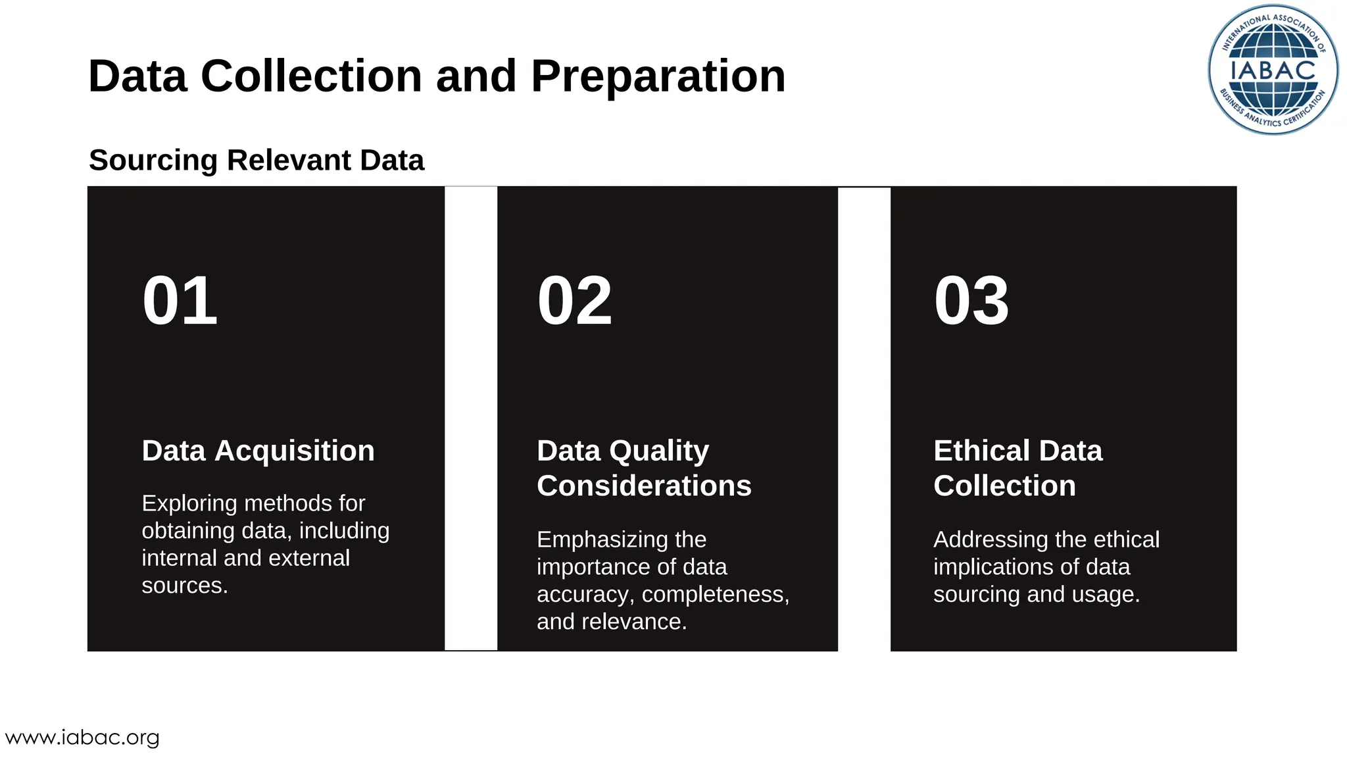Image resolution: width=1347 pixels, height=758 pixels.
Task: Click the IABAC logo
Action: tap(1273, 70)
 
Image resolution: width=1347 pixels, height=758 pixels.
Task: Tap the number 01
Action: tap(180, 301)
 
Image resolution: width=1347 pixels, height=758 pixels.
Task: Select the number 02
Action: tap(574, 301)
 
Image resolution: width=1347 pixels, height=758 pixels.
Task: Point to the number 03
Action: tap(971, 301)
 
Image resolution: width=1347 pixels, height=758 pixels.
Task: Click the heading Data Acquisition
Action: tap(258, 451)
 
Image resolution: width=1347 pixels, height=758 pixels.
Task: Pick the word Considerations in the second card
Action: tap(643, 486)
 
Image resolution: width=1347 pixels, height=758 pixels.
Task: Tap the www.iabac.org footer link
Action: tap(82, 738)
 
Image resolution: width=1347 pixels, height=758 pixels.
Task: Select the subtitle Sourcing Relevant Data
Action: tap(257, 161)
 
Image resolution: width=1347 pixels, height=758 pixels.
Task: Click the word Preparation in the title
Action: tap(658, 76)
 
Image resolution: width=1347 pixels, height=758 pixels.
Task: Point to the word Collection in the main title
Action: tap(310, 76)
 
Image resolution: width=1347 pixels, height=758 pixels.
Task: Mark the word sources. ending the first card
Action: tap(184, 586)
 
